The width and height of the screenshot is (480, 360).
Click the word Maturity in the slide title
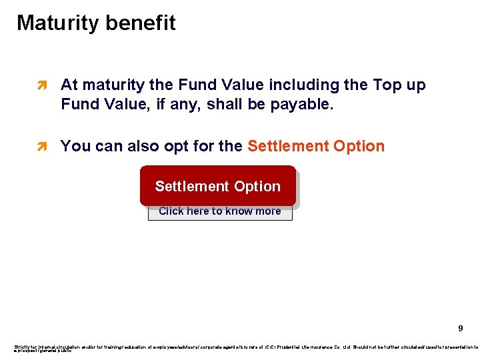pos(55,23)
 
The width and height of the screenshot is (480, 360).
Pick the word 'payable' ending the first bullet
pos(297,105)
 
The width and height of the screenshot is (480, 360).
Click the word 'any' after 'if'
pos(191,105)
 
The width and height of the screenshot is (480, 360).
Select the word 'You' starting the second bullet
pos(75,147)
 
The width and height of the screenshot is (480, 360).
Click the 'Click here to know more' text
pos(219,211)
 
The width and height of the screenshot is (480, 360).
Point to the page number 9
pos(460,329)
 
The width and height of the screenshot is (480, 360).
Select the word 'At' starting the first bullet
pos(69,85)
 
